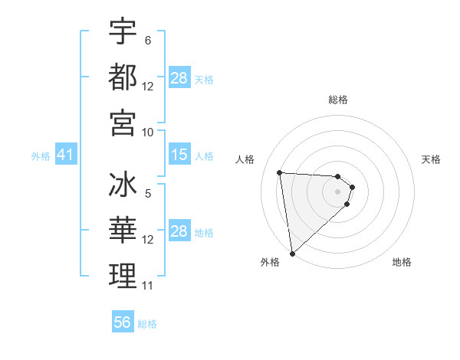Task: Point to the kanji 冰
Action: [x=123, y=186]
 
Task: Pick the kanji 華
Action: [x=123, y=231]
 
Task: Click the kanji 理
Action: [x=123, y=276]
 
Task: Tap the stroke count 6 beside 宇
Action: [x=148, y=41]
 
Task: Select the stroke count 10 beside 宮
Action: [x=148, y=132]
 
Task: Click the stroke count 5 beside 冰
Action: [x=148, y=195]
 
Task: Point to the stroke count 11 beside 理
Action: [x=148, y=286]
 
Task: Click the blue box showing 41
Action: [x=65, y=155]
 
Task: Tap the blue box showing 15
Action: [x=179, y=155]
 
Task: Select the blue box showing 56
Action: [x=123, y=322]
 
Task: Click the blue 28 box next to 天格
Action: [x=179, y=78]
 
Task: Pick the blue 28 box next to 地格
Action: [x=179, y=231]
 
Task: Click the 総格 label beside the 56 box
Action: [x=147, y=324]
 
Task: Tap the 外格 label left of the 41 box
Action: [x=41, y=156]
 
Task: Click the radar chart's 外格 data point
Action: [x=292, y=253]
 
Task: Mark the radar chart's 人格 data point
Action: [x=280, y=172]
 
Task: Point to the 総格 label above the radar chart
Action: [x=338, y=100]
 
